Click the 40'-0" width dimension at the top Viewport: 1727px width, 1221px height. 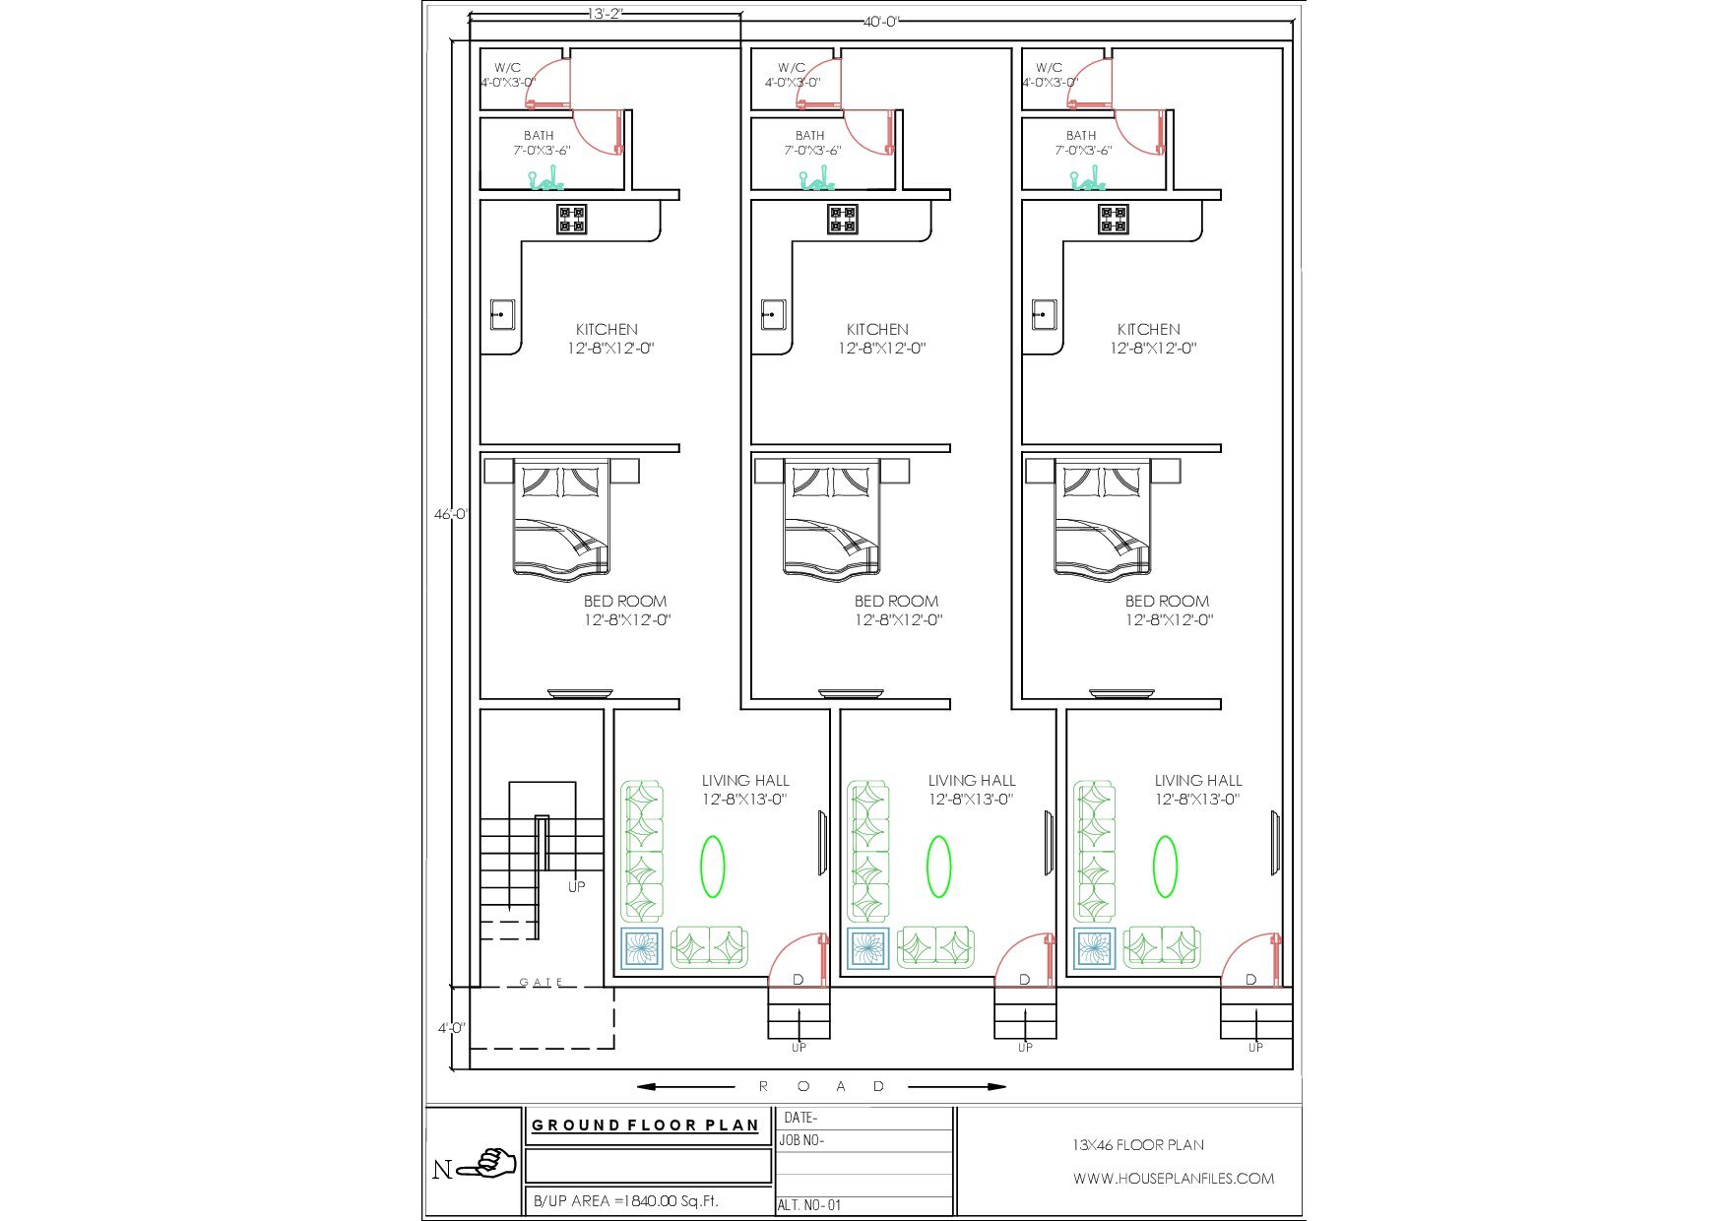point(881,21)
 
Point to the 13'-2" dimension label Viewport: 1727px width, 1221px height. point(606,14)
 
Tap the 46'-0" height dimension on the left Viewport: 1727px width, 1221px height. point(452,514)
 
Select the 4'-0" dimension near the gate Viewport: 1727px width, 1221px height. point(452,1028)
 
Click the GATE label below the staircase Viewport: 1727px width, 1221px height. point(542,982)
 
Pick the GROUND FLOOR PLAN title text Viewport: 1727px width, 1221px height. point(646,1125)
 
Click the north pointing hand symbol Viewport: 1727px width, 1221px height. point(491,1164)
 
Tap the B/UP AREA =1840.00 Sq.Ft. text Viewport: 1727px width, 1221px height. point(626,1201)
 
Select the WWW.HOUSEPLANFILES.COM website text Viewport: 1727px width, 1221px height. point(1174,1178)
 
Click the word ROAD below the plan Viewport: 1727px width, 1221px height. point(822,1086)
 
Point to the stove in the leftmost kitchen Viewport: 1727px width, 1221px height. point(572,220)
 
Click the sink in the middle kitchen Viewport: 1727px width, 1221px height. point(773,315)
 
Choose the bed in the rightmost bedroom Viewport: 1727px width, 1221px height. point(1103,517)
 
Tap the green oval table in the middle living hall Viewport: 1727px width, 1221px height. point(938,867)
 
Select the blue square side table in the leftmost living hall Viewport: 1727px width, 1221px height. point(642,948)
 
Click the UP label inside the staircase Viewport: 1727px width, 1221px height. point(576,886)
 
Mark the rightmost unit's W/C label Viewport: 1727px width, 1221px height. point(1049,68)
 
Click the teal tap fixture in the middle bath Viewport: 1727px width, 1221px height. point(814,180)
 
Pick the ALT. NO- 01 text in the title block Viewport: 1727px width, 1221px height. point(809,1204)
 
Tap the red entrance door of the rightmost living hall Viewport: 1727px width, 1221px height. point(1251,957)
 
